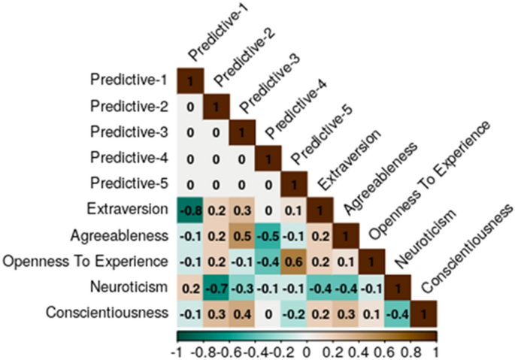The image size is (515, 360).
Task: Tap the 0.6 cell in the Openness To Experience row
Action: [x=293, y=261]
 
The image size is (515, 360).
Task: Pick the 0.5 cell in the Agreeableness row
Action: [x=241, y=235]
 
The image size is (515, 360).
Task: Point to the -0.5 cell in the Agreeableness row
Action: [x=267, y=235]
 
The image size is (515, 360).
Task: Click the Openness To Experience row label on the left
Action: [x=85, y=261]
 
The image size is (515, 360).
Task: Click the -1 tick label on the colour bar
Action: [x=177, y=351]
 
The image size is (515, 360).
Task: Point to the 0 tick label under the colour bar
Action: [x=306, y=351]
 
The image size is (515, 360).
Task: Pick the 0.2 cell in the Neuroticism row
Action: [x=189, y=286]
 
